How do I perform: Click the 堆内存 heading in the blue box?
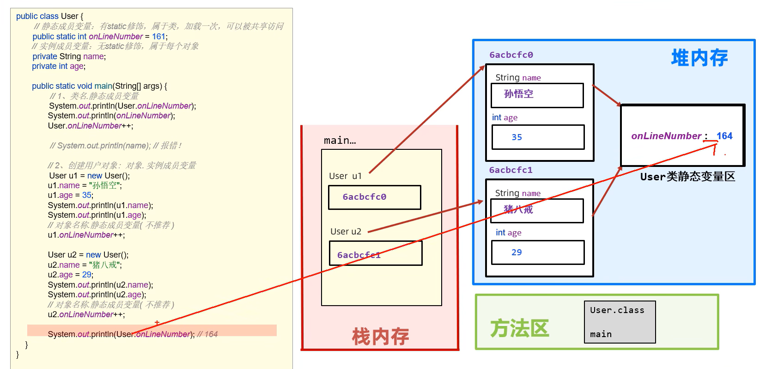point(699,58)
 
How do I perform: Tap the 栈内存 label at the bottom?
point(380,337)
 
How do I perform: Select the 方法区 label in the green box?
point(519,328)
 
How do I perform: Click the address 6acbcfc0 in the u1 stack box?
point(364,197)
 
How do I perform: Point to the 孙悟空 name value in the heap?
point(518,94)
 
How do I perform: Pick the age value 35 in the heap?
point(517,137)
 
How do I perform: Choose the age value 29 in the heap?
point(517,252)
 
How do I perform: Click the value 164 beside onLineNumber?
point(724,136)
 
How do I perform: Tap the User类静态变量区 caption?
point(687,177)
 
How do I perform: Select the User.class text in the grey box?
point(617,310)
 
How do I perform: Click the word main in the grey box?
point(601,334)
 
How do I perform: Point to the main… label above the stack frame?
point(340,141)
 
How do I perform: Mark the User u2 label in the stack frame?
point(346,232)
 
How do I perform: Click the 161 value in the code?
point(158,37)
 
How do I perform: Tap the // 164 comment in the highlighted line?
point(207,334)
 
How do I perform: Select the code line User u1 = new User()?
point(89,176)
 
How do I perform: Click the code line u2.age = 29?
point(70,275)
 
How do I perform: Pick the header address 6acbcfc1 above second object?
point(511,170)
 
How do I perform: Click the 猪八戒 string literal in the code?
point(104,265)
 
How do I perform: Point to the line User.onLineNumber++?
point(90,126)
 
